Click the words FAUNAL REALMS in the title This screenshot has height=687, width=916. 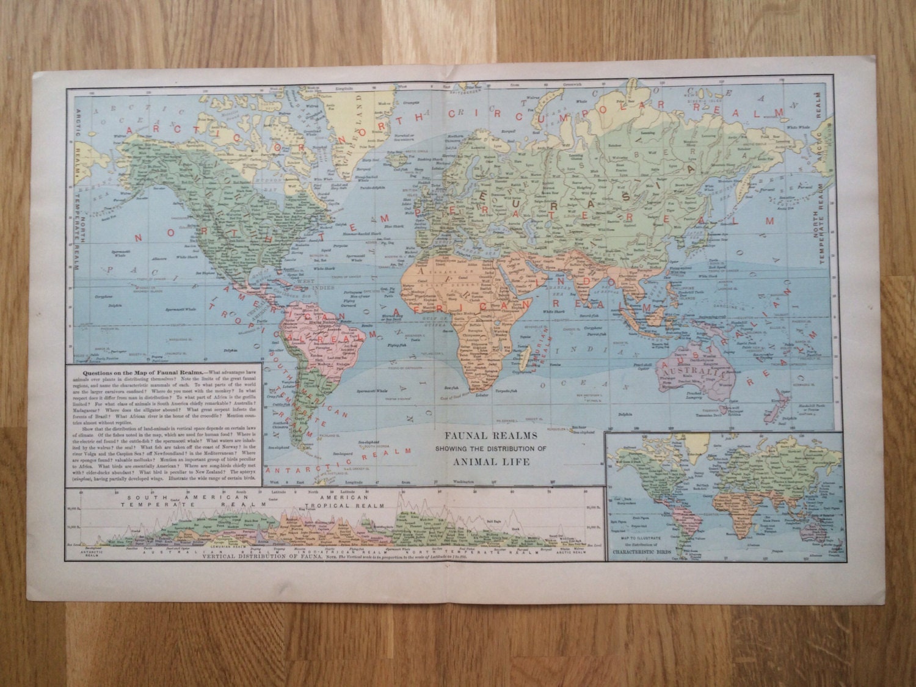pyautogui.click(x=486, y=435)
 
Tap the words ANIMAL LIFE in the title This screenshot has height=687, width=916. pyautogui.click(x=487, y=462)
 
